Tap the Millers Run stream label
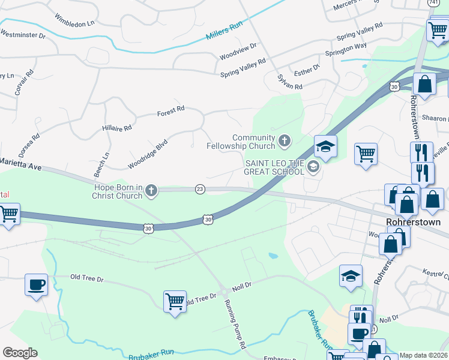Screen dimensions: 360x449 click(224, 30)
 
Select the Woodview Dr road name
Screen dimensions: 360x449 click(238, 50)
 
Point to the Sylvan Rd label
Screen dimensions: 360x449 click(289, 82)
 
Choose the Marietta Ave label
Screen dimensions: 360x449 click(20, 164)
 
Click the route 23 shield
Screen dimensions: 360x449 click(200, 189)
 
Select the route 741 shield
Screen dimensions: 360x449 click(432, 3)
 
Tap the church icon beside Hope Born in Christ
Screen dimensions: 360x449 click(151, 191)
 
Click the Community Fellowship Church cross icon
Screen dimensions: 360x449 click(284, 142)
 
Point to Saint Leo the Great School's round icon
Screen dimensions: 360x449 click(312, 167)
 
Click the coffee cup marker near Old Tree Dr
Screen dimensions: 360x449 click(36, 284)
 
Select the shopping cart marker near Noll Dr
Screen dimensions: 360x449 click(175, 301)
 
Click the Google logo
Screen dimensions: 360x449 click(20, 353)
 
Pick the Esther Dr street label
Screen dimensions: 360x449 click(307, 70)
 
